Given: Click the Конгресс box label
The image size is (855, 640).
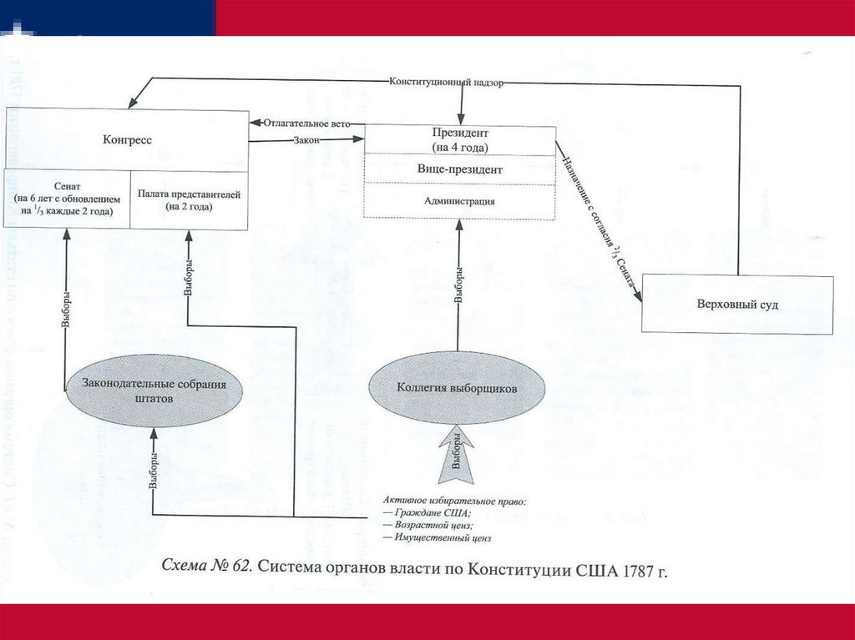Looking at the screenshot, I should (127, 140).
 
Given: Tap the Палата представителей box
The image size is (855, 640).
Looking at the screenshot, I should (189, 199).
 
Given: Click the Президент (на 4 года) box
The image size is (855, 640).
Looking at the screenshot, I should (460, 140).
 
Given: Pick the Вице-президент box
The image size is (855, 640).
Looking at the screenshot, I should (460, 169).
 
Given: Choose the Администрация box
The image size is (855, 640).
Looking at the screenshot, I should (460, 201).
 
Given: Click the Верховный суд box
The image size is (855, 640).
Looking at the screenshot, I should (737, 305).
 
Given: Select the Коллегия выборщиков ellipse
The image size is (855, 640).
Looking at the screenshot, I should (458, 389).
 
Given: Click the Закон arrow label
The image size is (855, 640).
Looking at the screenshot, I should (306, 140).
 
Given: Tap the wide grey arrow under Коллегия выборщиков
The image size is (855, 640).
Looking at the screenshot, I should (457, 455).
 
